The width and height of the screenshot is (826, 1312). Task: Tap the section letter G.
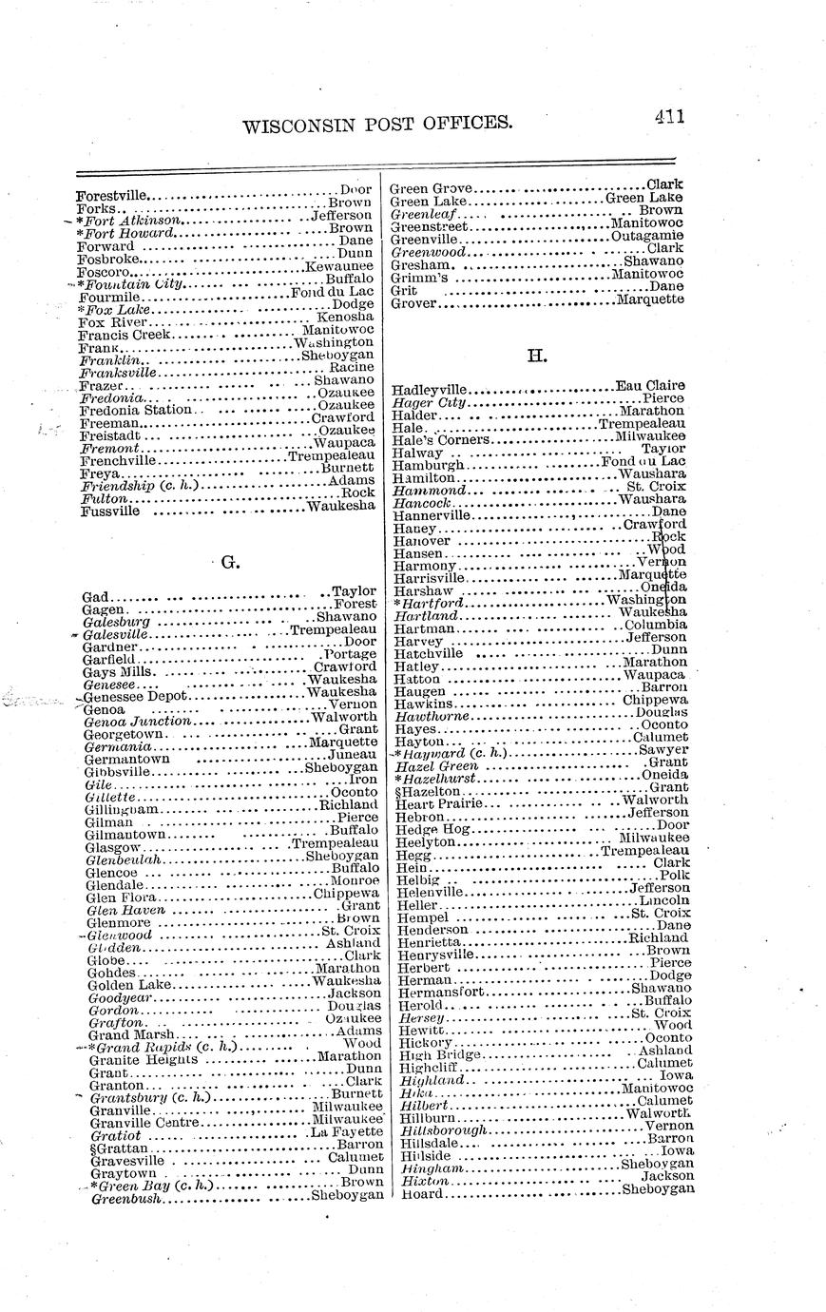click(x=228, y=562)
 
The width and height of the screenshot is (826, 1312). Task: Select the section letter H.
click(x=536, y=357)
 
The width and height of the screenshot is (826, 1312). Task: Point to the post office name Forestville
click(x=112, y=196)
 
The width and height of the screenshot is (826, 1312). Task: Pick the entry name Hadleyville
click(x=430, y=390)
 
